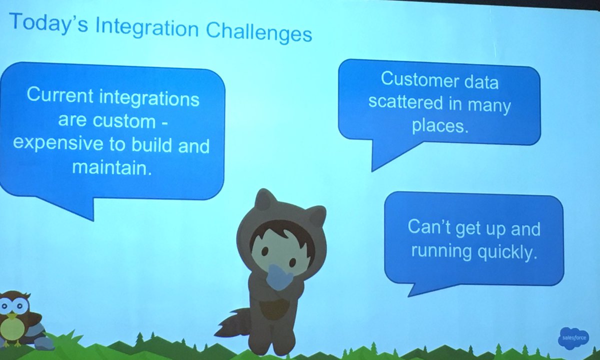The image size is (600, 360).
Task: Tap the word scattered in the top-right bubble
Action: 405,103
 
